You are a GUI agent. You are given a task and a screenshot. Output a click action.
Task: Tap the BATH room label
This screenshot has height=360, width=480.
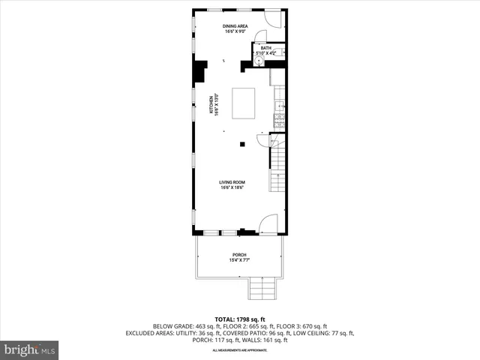pyautogui.click(x=265, y=48)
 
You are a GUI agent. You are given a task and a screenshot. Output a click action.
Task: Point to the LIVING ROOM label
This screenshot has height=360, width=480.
pyautogui.click(x=232, y=182)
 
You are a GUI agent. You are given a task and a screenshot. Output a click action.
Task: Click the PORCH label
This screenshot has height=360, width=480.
pyautogui.click(x=238, y=255)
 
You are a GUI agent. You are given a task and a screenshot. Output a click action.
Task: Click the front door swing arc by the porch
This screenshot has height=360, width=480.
pyautogui.click(x=268, y=223)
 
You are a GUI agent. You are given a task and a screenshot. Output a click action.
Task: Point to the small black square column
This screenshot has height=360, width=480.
pyautogui.click(x=241, y=143)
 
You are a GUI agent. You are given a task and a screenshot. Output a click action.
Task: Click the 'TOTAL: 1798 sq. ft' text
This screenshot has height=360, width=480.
pyautogui.click(x=239, y=319)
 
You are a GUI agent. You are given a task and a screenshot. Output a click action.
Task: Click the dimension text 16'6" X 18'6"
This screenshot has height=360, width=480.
pyautogui.click(x=232, y=188)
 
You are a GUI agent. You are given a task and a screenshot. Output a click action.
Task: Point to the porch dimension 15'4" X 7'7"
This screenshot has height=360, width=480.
pyautogui.click(x=238, y=260)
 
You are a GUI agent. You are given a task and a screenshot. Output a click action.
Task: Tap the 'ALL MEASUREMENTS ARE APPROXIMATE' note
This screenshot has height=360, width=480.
pyautogui.click(x=239, y=350)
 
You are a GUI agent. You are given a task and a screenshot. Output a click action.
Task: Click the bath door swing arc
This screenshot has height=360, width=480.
pyautogui.click(x=258, y=37)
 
